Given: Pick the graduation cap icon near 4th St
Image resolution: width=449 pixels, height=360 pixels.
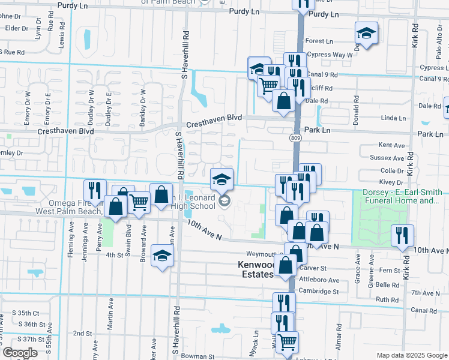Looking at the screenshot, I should (161, 256).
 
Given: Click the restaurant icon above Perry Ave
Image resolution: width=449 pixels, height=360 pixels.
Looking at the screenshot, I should (95, 191).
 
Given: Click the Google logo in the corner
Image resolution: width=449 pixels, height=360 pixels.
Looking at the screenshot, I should (19, 353).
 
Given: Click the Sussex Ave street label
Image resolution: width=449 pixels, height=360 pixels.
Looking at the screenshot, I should (391, 158).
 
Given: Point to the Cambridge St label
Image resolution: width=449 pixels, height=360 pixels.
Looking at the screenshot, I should (319, 292).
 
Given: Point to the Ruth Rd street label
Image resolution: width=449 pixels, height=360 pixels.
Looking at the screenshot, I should (387, 299).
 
